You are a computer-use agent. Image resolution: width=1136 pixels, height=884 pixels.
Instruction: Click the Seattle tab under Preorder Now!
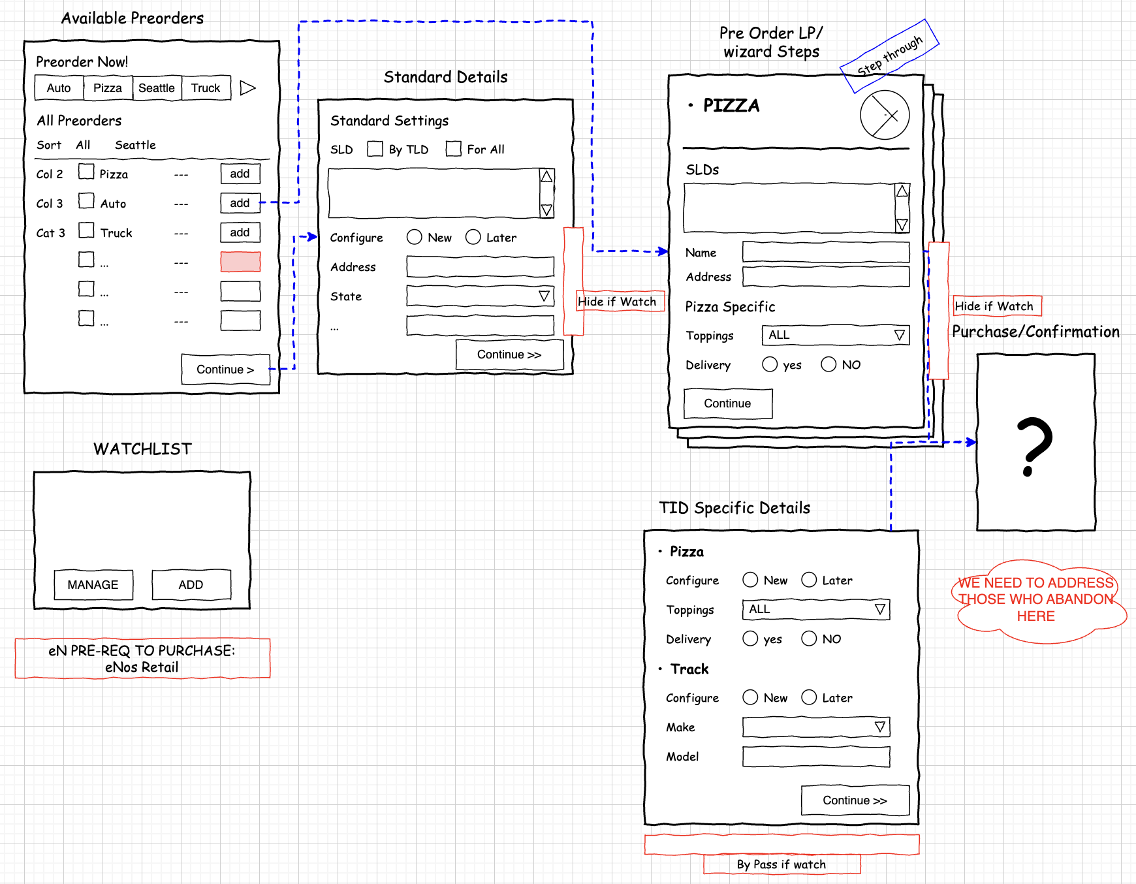(157, 88)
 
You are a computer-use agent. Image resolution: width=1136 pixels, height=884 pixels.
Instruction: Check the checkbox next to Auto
(86, 201)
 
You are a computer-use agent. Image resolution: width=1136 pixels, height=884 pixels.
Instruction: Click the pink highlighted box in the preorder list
(240, 262)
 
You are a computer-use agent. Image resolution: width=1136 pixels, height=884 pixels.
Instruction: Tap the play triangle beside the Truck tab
(247, 88)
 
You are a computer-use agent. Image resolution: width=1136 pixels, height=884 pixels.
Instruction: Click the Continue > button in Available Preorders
(225, 370)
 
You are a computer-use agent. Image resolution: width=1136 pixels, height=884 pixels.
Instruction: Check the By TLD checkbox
(375, 149)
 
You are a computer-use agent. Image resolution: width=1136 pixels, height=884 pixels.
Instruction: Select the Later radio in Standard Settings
(473, 237)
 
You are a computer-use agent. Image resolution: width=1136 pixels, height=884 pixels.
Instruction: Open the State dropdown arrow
(544, 296)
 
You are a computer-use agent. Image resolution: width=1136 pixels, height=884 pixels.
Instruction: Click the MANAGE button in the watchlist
(93, 584)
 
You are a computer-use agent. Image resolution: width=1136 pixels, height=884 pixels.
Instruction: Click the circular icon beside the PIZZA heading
(885, 116)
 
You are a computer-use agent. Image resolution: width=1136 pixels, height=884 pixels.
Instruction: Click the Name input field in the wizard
(826, 252)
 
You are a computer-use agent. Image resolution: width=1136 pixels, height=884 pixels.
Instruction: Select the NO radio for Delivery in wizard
(828, 364)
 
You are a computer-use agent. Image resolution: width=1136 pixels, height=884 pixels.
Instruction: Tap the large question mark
(1035, 447)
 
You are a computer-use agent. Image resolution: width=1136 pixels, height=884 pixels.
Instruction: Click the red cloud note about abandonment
(1036, 599)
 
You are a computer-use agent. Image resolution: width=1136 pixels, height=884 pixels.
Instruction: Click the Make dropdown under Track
(816, 727)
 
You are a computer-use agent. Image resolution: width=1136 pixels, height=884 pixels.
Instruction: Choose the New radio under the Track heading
(750, 697)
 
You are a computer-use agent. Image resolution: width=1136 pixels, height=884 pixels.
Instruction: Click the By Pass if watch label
(781, 864)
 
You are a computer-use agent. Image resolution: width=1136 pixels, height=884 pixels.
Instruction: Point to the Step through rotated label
(890, 56)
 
